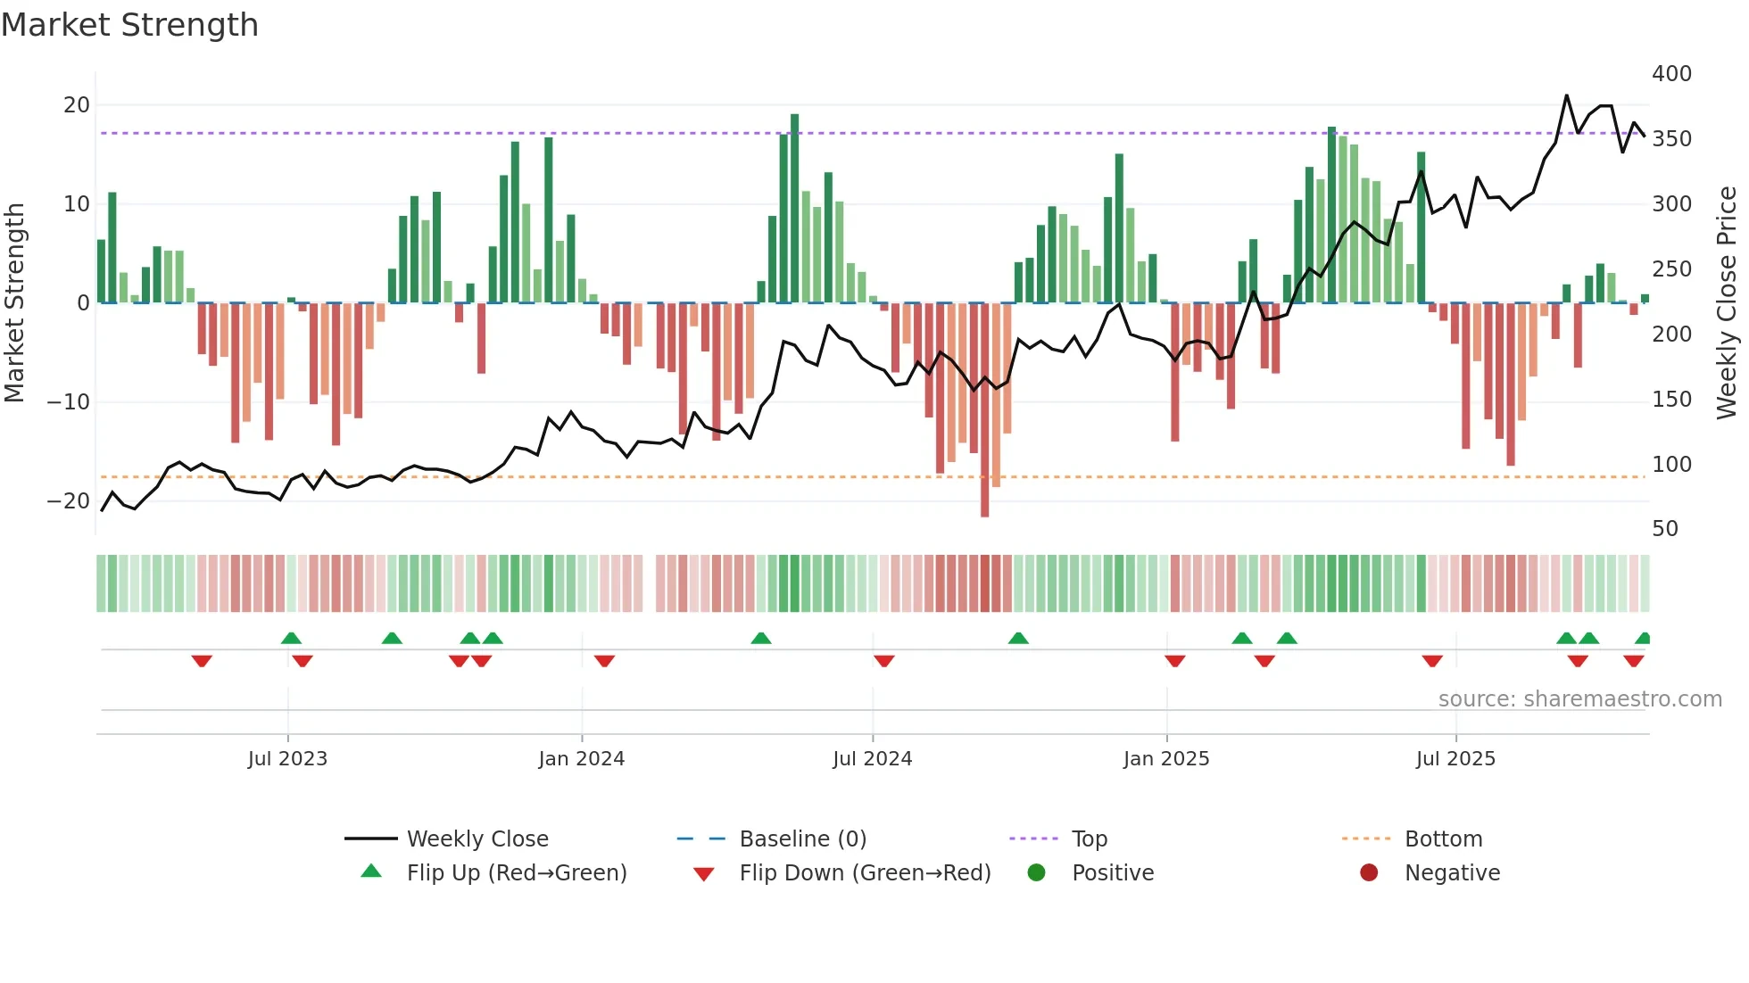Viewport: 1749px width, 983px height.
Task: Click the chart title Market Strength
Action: click(x=129, y=25)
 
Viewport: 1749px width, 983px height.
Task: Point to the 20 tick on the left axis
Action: click(x=77, y=105)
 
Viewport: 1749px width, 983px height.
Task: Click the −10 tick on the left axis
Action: click(x=69, y=402)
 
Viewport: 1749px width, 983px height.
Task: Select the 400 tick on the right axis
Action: click(x=1671, y=74)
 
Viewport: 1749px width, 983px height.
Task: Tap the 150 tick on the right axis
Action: click(x=1671, y=400)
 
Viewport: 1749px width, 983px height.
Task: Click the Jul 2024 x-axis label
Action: click(x=872, y=759)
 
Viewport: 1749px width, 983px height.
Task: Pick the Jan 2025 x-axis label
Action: click(x=1165, y=759)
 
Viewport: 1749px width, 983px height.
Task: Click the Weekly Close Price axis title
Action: click(x=1727, y=303)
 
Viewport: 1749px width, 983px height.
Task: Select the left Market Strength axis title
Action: click(x=15, y=303)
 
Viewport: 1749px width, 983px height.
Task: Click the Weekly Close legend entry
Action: click(x=477, y=839)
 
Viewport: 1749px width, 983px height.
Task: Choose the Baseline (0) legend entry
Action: click(x=802, y=839)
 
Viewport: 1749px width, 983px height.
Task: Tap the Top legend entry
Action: click(x=1089, y=839)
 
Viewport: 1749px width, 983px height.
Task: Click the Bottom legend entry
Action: click(x=1443, y=839)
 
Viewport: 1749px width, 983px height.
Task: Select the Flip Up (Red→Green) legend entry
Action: click(x=516, y=873)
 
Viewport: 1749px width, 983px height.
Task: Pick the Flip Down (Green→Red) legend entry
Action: click(x=864, y=873)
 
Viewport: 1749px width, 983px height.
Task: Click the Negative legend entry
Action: click(x=1452, y=873)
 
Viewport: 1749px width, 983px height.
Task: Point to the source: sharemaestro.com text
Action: click(x=1579, y=699)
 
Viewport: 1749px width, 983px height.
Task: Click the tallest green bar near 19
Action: click(x=794, y=205)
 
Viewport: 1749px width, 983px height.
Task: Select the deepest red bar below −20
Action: click(x=984, y=410)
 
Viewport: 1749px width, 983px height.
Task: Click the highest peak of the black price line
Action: click(x=1566, y=95)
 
